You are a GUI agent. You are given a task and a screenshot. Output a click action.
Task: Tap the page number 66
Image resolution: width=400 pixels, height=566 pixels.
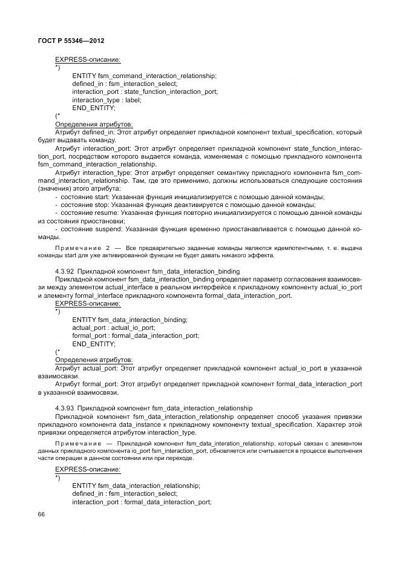(x=41, y=514)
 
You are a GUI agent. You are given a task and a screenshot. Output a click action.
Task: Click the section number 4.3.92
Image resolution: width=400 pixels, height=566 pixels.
(x=64, y=271)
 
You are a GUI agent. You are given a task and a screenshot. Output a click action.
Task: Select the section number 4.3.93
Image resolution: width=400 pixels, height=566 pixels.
(x=64, y=408)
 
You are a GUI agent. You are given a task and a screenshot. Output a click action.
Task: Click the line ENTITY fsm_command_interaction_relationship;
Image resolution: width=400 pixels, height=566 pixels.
(x=144, y=76)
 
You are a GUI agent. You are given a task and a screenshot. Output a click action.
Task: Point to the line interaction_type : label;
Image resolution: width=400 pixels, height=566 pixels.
(x=107, y=100)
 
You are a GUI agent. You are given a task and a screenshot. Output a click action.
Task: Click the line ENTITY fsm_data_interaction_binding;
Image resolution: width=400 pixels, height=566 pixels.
(x=130, y=320)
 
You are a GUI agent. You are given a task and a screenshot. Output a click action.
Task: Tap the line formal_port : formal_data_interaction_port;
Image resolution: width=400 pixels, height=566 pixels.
(x=136, y=335)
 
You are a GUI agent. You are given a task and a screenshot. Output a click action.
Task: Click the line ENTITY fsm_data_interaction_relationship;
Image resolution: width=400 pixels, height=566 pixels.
(x=136, y=485)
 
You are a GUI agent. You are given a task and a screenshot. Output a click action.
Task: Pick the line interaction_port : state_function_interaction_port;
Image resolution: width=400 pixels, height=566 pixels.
(x=145, y=92)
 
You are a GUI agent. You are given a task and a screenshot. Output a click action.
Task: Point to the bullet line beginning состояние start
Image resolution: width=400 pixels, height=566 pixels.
(x=189, y=197)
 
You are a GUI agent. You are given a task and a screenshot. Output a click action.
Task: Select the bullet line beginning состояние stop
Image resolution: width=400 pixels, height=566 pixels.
(x=183, y=205)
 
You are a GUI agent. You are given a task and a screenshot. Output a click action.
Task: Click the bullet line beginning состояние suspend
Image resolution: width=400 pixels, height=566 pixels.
(x=208, y=229)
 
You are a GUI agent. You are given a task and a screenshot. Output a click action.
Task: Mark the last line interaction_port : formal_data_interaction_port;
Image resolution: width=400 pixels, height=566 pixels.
(x=142, y=502)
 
